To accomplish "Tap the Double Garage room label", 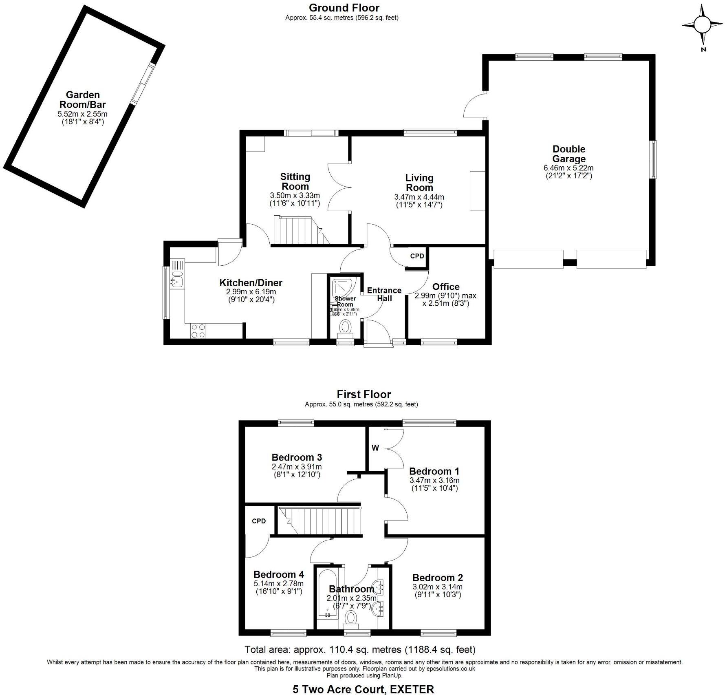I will click(568, 154).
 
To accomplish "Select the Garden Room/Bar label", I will click(83, 100).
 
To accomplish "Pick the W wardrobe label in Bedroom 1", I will click(375, 448).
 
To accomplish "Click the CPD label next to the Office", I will click(417, 256).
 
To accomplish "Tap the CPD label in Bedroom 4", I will click(259, 521).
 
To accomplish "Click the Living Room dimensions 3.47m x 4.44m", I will click(419, 197).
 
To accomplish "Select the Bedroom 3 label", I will click(297, 457).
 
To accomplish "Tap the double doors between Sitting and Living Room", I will click(339, 187).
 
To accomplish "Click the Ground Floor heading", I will click(344, 8).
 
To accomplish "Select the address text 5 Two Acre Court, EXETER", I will click(363, 689).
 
